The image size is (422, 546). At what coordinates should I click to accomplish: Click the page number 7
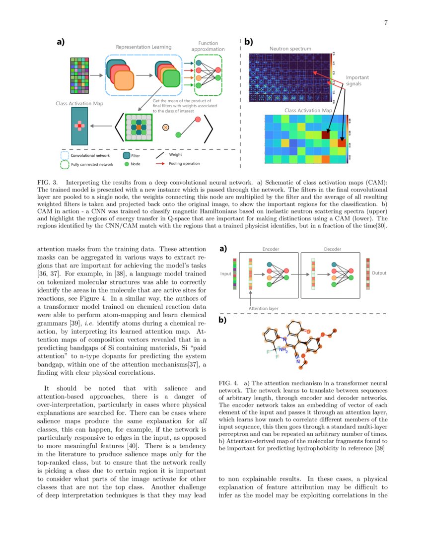386,22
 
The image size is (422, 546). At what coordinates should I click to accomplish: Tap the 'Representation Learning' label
143,47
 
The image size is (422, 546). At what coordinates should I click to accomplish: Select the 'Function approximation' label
208,46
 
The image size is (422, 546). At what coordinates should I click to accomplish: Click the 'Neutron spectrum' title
290,49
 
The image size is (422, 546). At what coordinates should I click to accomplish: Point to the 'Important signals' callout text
357,81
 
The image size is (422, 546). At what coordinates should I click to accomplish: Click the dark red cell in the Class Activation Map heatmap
326,134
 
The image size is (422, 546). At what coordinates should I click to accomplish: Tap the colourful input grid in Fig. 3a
80,75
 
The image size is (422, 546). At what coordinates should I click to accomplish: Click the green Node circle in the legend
127,163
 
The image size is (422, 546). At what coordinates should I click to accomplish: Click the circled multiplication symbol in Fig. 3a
166,127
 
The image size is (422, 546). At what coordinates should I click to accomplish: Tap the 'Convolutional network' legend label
90,156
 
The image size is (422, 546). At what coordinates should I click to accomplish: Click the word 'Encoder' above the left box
270,249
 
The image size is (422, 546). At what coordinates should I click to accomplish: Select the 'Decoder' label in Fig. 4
332,249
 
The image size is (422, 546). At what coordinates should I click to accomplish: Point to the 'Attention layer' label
263,308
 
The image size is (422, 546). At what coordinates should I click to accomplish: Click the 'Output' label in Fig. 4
379,273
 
